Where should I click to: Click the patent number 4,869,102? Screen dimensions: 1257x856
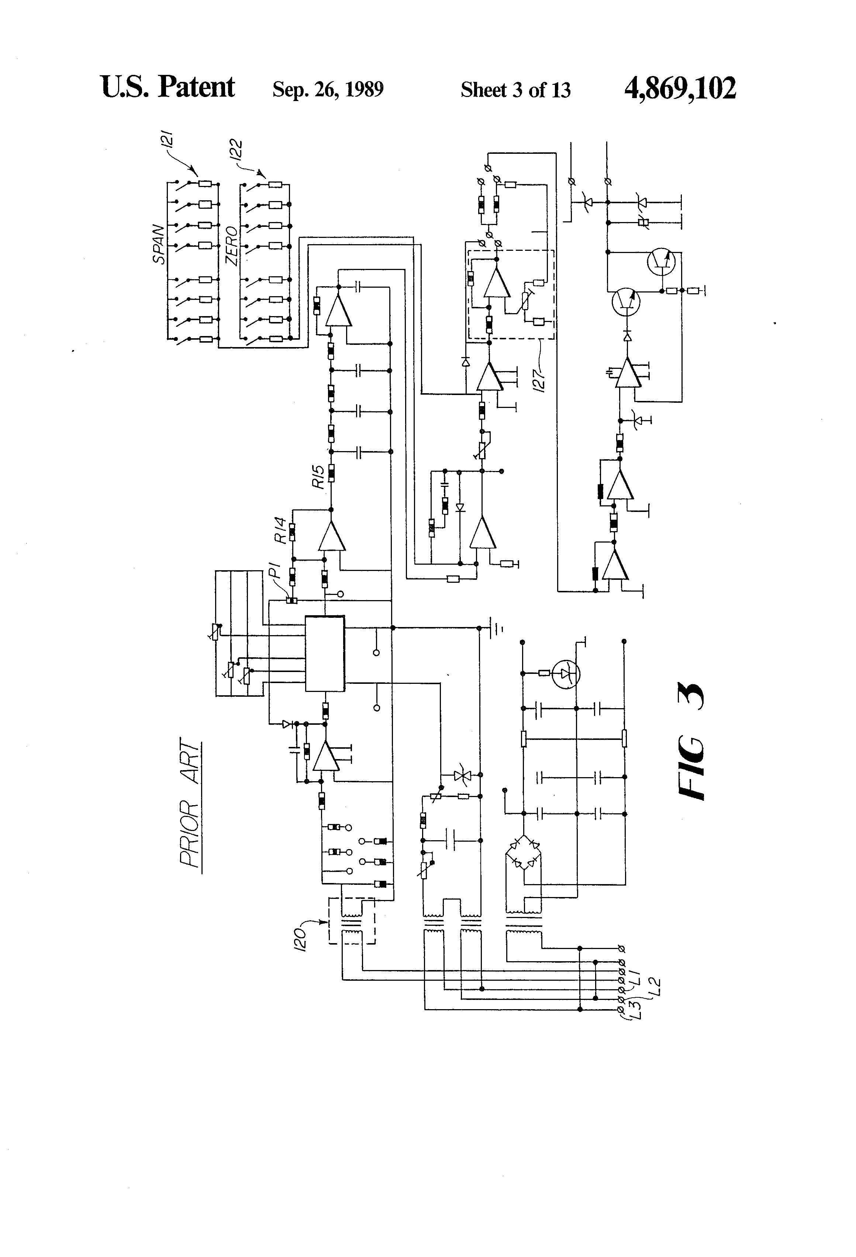click(x=680, y=89)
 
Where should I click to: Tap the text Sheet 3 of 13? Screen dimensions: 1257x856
click(x=515, y=90)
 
